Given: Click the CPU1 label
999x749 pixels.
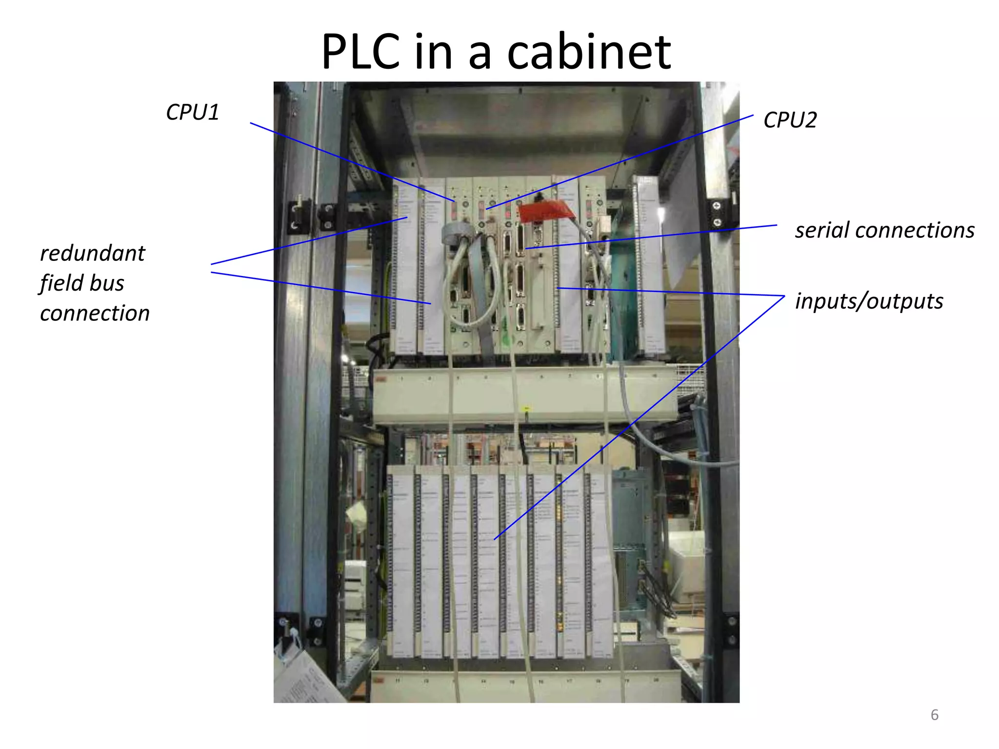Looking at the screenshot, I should click(x=193, y=113).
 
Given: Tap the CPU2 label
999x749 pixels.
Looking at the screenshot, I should click(x=790, y=120).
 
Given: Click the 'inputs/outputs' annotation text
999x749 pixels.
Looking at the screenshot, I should click(x=869, y=301).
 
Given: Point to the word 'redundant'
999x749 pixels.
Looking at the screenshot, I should click(x=93, y=254).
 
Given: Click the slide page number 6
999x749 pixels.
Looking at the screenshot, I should click(x=934, y=715).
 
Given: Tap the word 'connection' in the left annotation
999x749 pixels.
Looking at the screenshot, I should click(x=95, y=313).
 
